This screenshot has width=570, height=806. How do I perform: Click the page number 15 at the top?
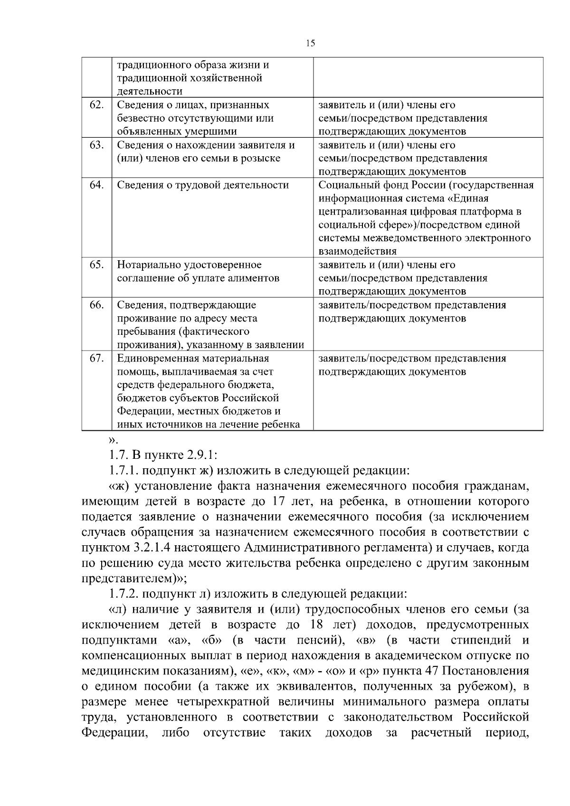point(310,43)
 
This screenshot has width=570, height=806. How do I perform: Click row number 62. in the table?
point(96,105)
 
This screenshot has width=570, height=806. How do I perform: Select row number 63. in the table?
point(96,145)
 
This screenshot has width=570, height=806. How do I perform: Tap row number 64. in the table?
point(96,185)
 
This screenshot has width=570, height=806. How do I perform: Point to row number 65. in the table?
point(96,265)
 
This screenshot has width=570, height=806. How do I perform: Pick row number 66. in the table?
point(96,304)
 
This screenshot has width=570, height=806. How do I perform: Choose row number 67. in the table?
point(96,358)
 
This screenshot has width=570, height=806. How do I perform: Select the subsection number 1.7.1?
point(123,471)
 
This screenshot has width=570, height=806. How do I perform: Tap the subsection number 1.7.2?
point(123,594)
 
